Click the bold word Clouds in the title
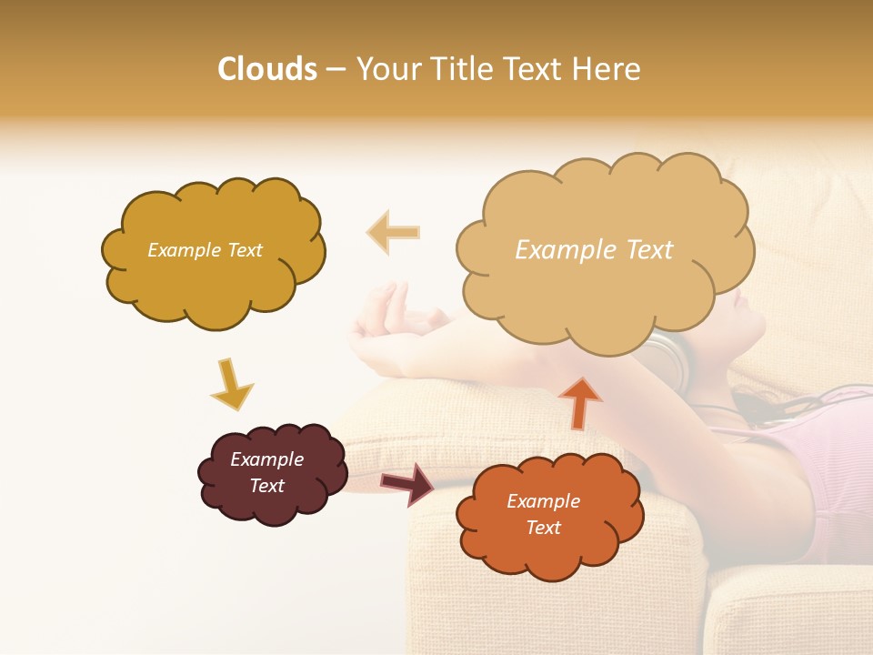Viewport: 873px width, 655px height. point(267,69)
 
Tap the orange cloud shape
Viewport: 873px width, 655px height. point(549,516)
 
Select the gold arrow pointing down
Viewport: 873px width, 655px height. point(231,384)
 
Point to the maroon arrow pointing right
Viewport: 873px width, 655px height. point(408,482)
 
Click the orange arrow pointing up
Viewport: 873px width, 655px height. point(579,402)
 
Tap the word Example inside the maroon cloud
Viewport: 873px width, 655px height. point(266,459)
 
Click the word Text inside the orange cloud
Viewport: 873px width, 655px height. point(543,528)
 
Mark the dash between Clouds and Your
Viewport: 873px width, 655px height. point(336,70)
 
